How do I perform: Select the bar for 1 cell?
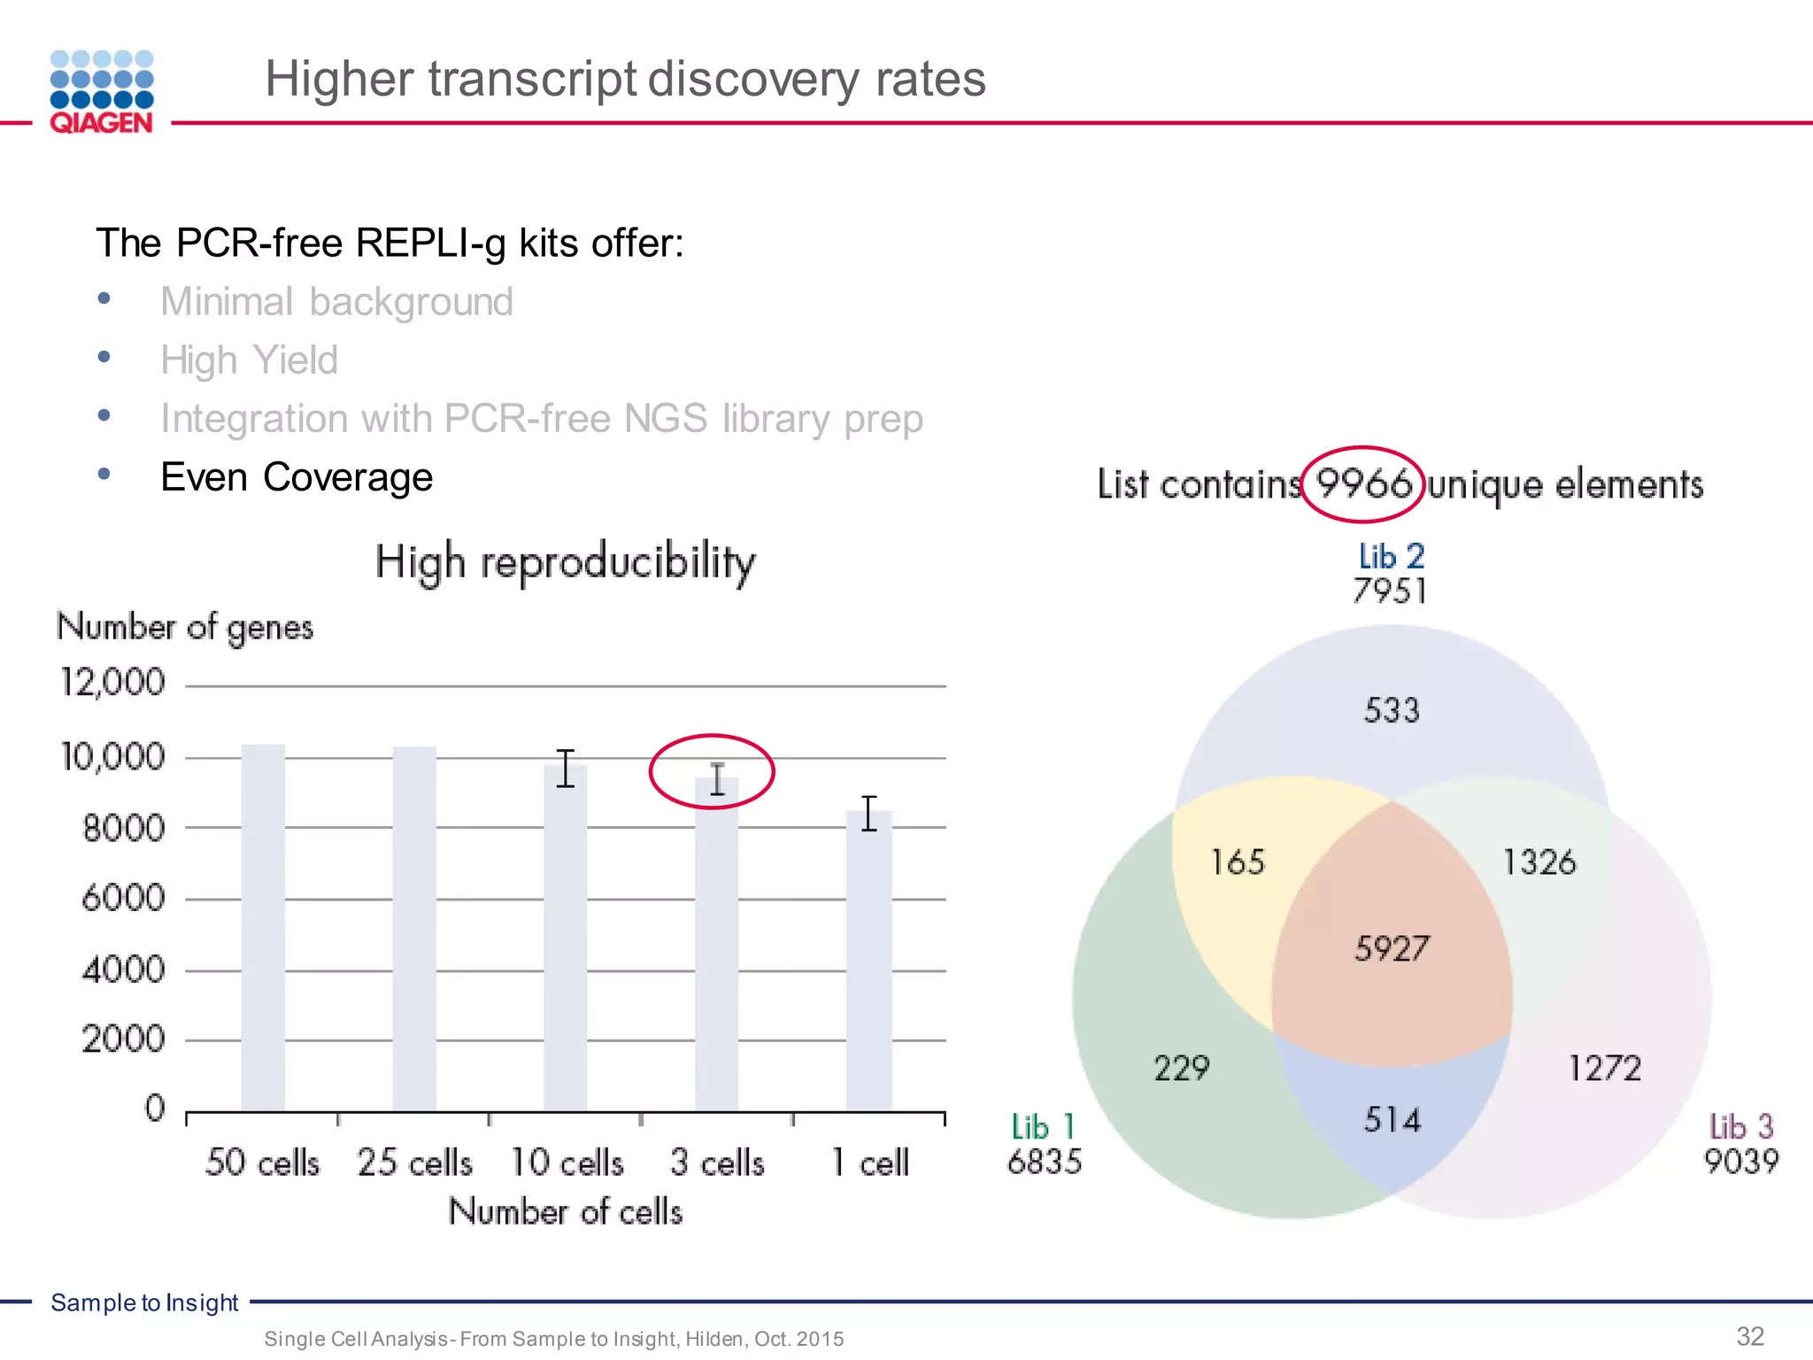pos(868,961)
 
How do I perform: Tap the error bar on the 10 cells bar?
pos(566,768)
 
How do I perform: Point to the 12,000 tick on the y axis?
pos(113,683)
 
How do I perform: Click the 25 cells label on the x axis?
pos(414,1162)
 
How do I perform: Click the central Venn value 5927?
pos(1391,949)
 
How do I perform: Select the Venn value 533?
pos(1391,710)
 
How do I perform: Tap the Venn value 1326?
pos(1539,862)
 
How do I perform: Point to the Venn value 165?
pos(1237,862)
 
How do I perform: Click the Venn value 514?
pos(1391,1121)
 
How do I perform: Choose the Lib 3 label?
pos(1740,1127)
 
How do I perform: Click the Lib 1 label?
pos(1043,1127)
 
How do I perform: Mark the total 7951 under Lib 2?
pos(1390,591)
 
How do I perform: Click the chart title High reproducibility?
pos(565,562)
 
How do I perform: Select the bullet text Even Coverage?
pos(297,477)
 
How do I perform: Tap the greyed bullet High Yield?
pos(249,360)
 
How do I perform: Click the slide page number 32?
pos(1750,1336)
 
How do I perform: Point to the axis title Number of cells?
pos(565,1211)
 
